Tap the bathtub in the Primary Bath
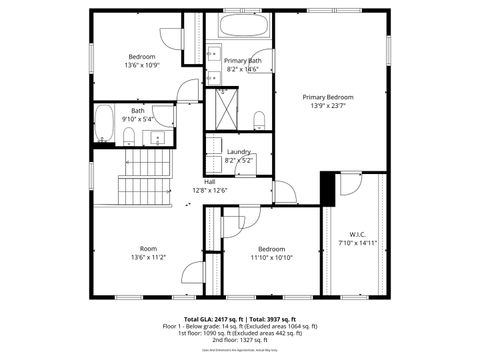pos(242,26)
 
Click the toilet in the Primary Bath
pos(260,121)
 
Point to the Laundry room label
pos(238,151)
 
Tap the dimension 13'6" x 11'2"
pos(147,257)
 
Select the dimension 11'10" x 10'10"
pos(272,257)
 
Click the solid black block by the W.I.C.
pos(326,188)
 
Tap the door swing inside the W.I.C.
pos(350,184)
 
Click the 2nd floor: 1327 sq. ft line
pos(240,340)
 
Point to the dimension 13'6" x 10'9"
pos(142,66)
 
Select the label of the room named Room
pos(147,248)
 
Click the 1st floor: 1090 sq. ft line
pos(240,333)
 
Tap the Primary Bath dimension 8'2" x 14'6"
pos(243,69)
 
